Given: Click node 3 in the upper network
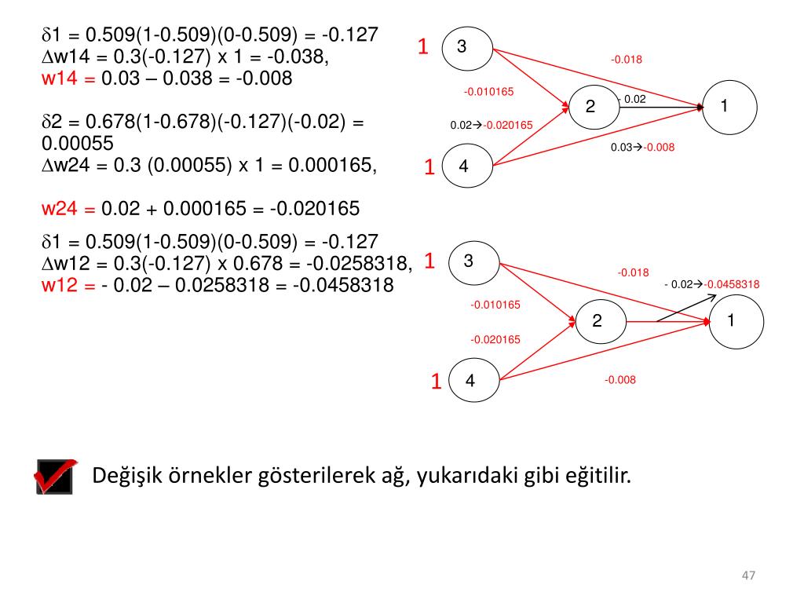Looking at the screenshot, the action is click(466, 48).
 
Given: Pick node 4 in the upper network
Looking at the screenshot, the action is click(466, 166).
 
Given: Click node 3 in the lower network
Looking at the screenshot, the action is click(473, 261).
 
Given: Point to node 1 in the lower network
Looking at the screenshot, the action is click(736, 320).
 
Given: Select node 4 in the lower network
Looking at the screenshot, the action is click(473, 381).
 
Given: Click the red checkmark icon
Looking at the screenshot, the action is click(57, 476).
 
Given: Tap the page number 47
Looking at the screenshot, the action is click(748, 576).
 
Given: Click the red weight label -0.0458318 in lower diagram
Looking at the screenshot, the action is click(732, 284).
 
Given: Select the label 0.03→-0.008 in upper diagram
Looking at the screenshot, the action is click(642, 147).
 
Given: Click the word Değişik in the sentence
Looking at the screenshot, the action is click(126, 476).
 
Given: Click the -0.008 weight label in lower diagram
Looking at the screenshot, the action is click(619, 380).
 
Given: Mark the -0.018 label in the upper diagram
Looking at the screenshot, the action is click(627, 59).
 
